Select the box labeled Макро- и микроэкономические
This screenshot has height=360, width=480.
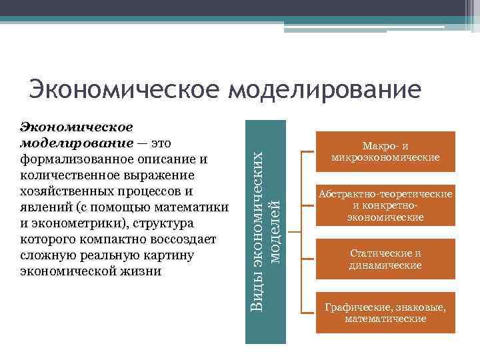(x=385, y=152)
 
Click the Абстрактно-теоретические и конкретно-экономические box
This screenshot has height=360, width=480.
(x=385, y=205)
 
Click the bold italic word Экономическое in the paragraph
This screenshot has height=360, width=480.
(x=77, y=127)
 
